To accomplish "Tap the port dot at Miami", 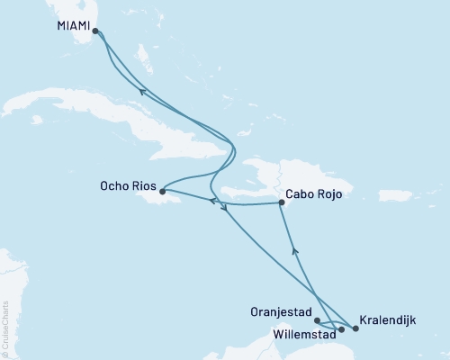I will (x=95, y=31).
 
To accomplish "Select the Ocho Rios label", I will (x=127, y=189).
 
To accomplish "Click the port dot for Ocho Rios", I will (x=161, y=191).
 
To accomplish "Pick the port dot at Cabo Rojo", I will (x=282, y=204).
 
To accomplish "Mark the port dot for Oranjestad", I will (x=317, y=319).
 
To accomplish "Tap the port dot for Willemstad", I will (x=341, y=329).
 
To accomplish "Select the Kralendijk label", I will (x=387, y=319).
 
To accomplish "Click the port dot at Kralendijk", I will (x=354, y=329).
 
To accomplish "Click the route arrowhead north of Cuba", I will (x=140, y=89).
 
